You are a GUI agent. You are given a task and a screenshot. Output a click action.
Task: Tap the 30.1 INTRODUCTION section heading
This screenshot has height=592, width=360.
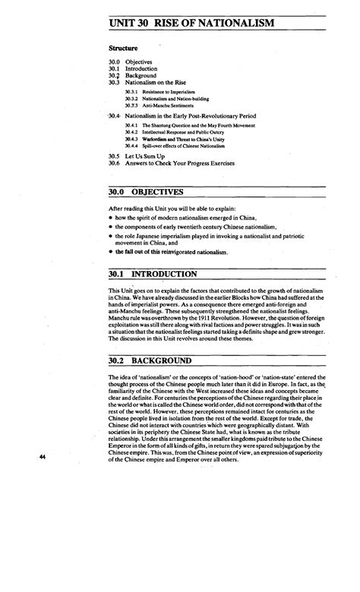(155, 273)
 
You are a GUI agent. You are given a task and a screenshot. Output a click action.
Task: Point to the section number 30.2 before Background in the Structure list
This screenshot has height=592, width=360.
(115, 75)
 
